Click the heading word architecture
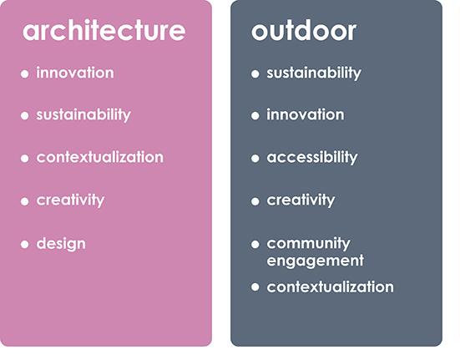point(104,30)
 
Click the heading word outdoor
point(304,30)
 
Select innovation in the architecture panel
point(75,73)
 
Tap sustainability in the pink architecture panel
point(83,114)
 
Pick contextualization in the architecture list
point(99,157)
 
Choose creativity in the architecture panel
point(70,200)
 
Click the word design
point(61,244)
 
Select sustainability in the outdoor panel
point(314,73)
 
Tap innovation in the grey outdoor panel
point(306,114)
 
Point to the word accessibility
point(312,157)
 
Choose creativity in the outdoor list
point(301,200)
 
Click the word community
point(308,244)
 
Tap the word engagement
point(315,261)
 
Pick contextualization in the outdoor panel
point(330,287)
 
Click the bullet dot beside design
point(25,244)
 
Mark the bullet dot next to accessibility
point(255,159)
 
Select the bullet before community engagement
point(255,244)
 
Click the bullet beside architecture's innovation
point(25,74)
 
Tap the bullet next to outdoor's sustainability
point(255,74)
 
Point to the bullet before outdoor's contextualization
point(255,286)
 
